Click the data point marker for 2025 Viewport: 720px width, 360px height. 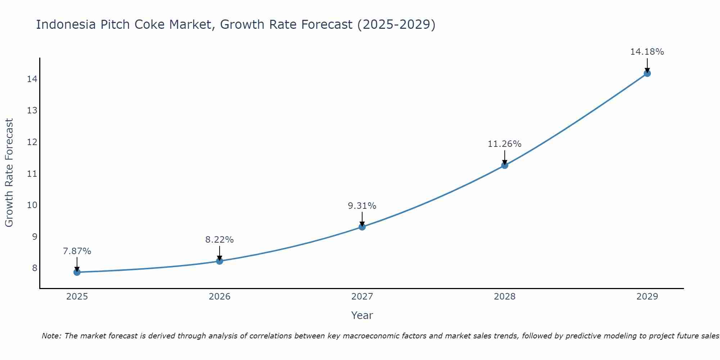(77, 272)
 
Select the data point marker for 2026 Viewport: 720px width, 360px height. (220, 261)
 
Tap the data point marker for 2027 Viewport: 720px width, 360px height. (362, 227)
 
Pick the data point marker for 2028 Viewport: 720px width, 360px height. (505, 165)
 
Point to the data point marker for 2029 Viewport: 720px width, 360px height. (647, 73)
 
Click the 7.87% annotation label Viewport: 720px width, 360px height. (77, 251)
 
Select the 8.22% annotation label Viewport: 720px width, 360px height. (220, 240)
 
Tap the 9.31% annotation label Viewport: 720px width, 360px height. (362, 206)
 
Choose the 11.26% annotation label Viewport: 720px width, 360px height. (505, 144)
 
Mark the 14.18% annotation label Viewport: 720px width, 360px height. (647, 52)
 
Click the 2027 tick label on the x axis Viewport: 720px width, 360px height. (362, 297)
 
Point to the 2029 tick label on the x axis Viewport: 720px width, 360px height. (647, 297)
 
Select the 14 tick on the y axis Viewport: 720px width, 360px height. (32, 79)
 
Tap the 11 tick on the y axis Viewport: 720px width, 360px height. (32, 174)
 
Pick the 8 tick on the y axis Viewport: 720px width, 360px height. (35, 268)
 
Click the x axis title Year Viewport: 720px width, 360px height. (362, 315)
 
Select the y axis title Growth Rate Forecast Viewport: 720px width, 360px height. (9, 173)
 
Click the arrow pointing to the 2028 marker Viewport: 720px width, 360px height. (505, 157)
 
